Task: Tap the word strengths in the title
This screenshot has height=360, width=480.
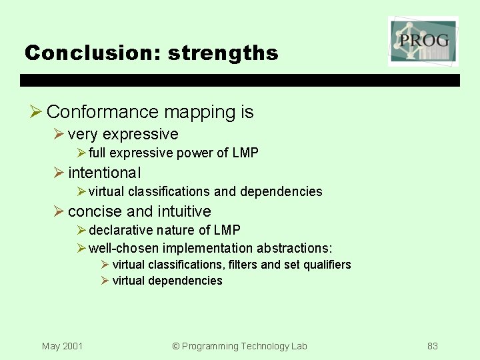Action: click(223, 53)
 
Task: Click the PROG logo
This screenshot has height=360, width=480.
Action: click(423, 41)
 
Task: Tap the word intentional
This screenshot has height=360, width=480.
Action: click(104, 173)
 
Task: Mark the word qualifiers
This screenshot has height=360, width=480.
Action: click(327, 265)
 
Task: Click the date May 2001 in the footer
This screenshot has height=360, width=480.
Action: click(62, 346)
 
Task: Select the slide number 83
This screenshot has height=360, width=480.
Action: click(433, 346)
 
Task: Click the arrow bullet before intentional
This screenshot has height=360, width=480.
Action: click(59, 173)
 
